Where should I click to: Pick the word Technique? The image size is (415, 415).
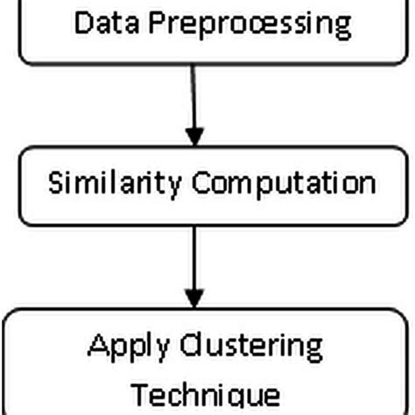pyautogui.click(x=207, y=393)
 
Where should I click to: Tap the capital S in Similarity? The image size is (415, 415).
pyautogui.click(x=54, y=184)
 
